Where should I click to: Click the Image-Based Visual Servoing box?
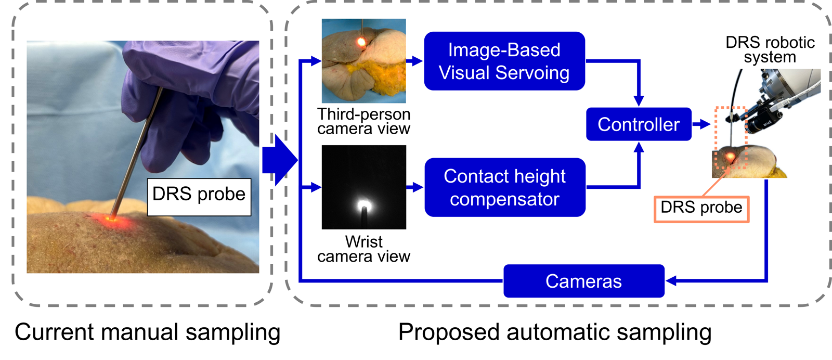coord(504,61)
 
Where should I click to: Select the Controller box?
coord(638,124)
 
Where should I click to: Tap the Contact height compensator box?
coord(504,187)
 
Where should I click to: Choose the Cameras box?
coord(583,281)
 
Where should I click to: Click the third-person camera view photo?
coord(363,61)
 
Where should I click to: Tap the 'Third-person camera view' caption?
coord(363,121)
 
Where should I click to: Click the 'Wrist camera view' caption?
coord(363,249)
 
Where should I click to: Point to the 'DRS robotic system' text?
coord(770,49)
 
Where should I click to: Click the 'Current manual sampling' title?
coord(147,332)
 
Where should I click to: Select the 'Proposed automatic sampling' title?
coord(554,332)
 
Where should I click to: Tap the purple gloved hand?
coord(192,99)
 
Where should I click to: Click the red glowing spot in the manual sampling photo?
coord(110,219)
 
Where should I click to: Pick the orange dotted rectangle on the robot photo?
coord(731,138)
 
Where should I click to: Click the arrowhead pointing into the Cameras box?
coord(671,281)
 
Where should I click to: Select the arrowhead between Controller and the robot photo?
coord(705,124)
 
